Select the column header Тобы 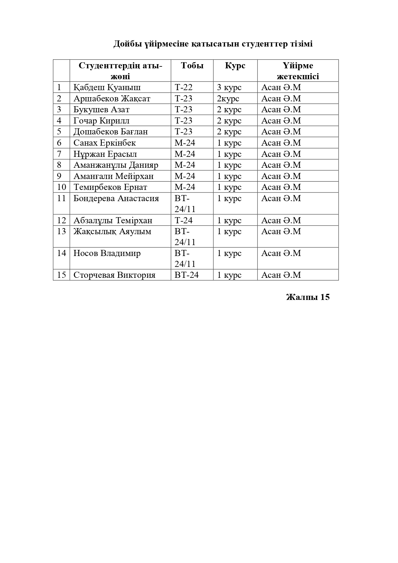coord(192,66)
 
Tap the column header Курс coord(235,66)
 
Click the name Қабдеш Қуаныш coord(107,87)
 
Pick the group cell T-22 coord(183,87)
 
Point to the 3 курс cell coord(229,87)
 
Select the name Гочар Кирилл coord(101,121)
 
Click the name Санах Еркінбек coord(105,143)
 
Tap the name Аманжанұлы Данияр coord(116,165)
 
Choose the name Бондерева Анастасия coord(116,198)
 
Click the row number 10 coord(61,187)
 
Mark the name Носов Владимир coord(107,253)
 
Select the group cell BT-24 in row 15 coord(186,275)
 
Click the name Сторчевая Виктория coord(114,275)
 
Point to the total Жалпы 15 coord(307,297)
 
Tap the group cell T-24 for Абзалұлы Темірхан coord(183,220)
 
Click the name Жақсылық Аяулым coord(112,231)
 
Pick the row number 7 coord(59,154)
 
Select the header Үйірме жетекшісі coord(298,71)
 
